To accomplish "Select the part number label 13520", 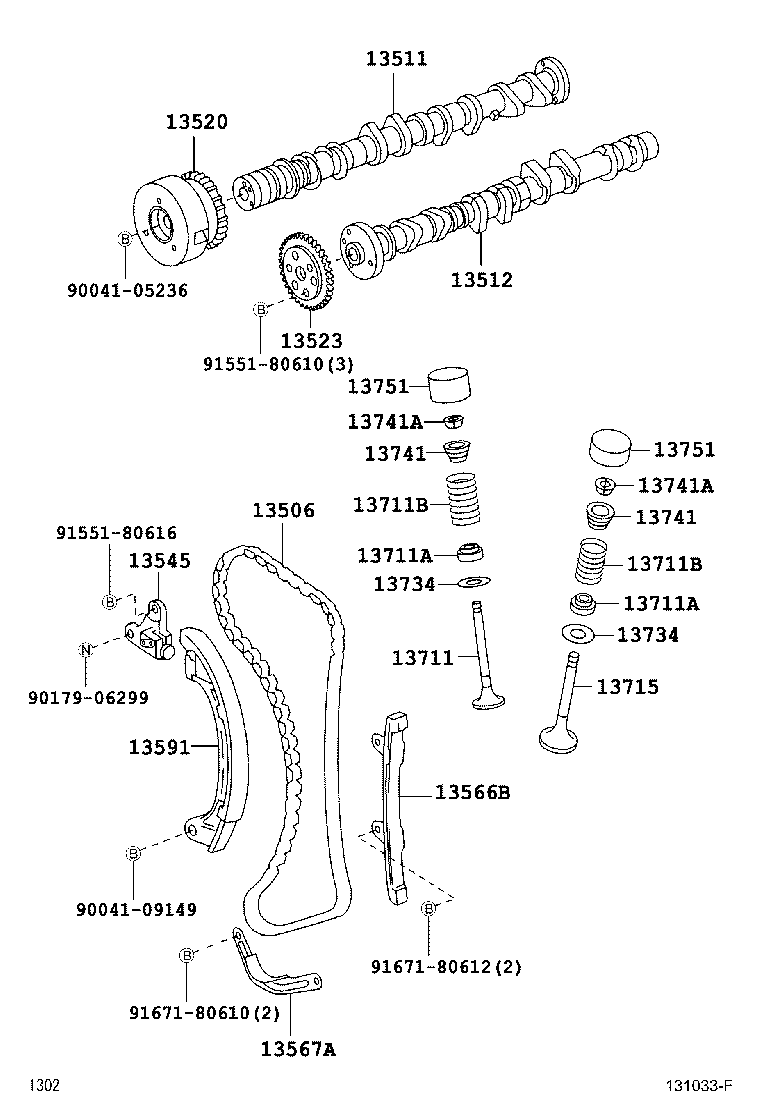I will pos(196,122).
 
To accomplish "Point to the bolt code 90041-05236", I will pos(127,290).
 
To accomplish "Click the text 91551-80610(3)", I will pos(277,363).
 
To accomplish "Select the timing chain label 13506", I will pos(283,510).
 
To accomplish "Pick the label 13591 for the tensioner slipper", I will pos(159,746).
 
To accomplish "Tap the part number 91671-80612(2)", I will pos(445,967).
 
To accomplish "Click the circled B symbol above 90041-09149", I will pos(131,853).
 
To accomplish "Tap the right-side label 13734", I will pos(647,635).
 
